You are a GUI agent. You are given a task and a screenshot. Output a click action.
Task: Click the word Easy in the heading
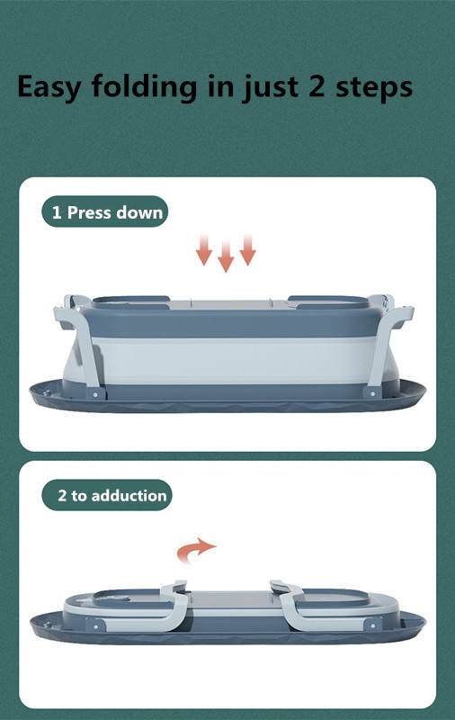point(49,87)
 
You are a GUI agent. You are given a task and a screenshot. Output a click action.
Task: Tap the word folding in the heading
point(144,86)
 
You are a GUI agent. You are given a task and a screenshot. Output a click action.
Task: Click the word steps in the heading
point(374,87)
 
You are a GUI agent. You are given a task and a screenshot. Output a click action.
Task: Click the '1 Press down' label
point(105,211)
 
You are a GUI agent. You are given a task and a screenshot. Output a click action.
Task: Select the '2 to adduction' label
point(107,495)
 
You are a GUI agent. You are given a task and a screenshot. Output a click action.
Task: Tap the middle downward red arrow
point(226,256)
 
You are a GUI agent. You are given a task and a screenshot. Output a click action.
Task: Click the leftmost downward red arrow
point(204,250)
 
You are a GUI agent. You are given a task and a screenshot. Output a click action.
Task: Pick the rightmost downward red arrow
point(247,250)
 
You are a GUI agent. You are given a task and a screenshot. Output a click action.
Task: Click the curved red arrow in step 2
point(195,550)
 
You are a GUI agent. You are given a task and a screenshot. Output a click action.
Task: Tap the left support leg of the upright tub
point(82,344)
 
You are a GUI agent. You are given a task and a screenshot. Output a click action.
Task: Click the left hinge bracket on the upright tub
point(96,393)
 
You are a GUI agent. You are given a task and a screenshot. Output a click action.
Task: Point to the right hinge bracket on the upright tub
point(372,393)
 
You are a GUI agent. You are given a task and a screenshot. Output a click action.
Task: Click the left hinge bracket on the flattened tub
point(96,625)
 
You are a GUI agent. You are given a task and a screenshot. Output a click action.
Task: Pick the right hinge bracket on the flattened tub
point(373,625)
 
